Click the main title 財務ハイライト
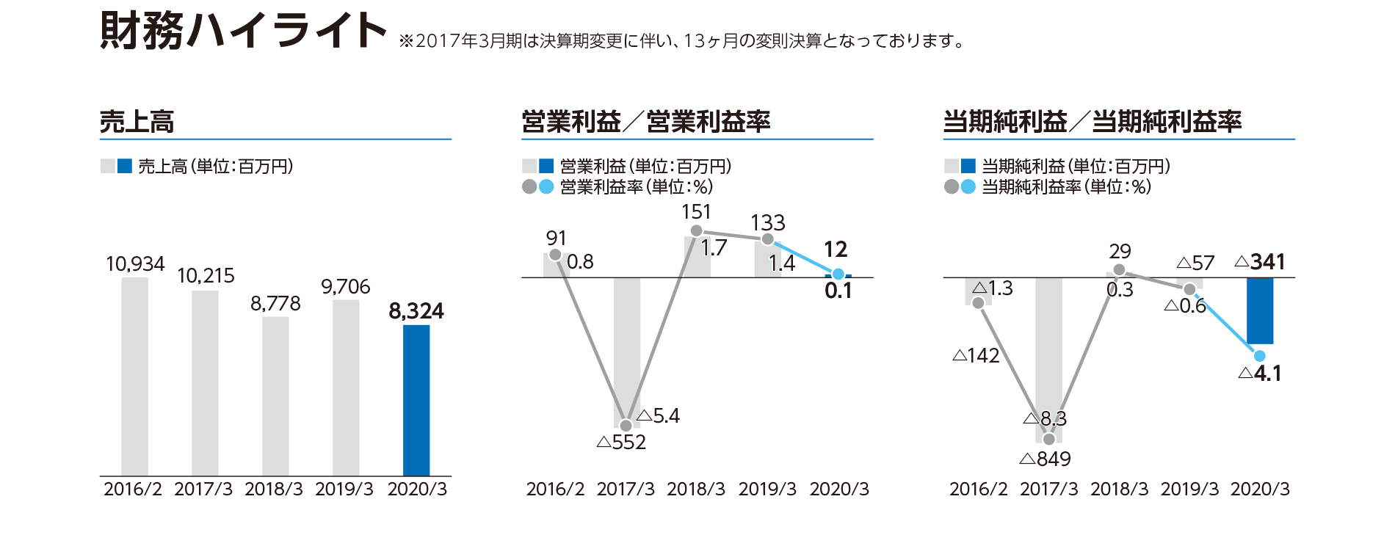[x=242, y=31]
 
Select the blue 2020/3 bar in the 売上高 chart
[x=416, y=400]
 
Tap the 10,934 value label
[x=135, y=264]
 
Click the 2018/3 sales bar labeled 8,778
[x=275, y=396]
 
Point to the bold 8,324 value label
[x=416, y=311]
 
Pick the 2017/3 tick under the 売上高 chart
[x=203, y=489]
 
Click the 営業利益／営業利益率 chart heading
[x=645, y=122]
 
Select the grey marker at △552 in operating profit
[x=626, y=426]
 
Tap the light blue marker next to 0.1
[x=838, y=274]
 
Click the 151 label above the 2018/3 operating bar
[x=696, y=212]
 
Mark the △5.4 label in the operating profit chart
[x=659, y=416]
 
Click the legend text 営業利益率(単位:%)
[x=636, y=187]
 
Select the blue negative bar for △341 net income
[x=1260, y=310]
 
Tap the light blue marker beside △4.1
[x=1259, y=356]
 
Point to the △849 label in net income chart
[x=1046, y=459]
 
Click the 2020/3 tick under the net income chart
[x=1260, y=489]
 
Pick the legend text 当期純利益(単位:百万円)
[x=1076, y=167]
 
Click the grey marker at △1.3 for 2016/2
[x=978, y=303]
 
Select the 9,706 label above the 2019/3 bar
[x=345, y=287]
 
